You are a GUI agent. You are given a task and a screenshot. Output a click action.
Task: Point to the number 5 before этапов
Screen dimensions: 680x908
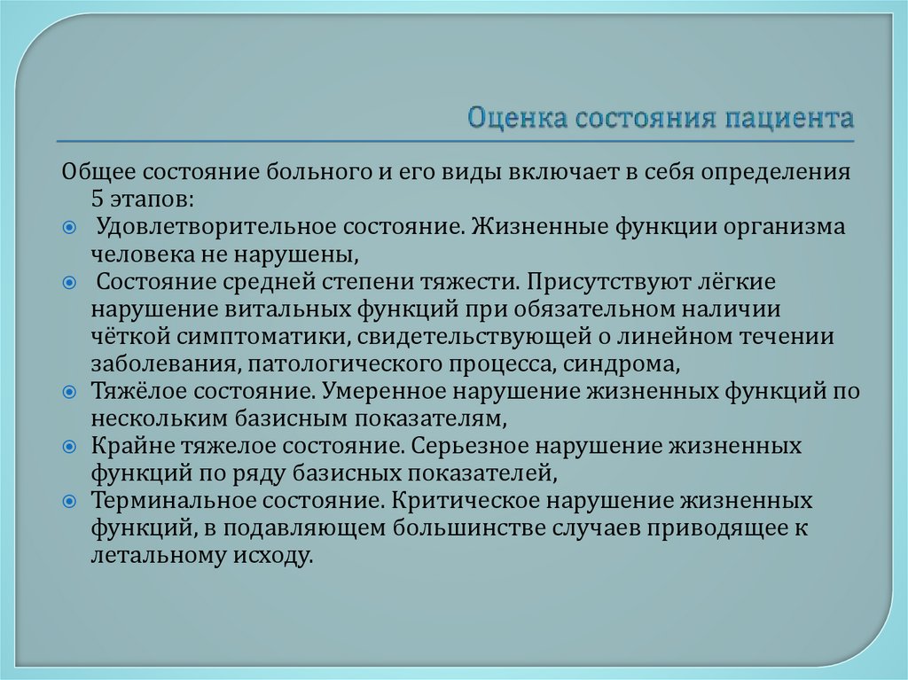coord(96,198)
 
